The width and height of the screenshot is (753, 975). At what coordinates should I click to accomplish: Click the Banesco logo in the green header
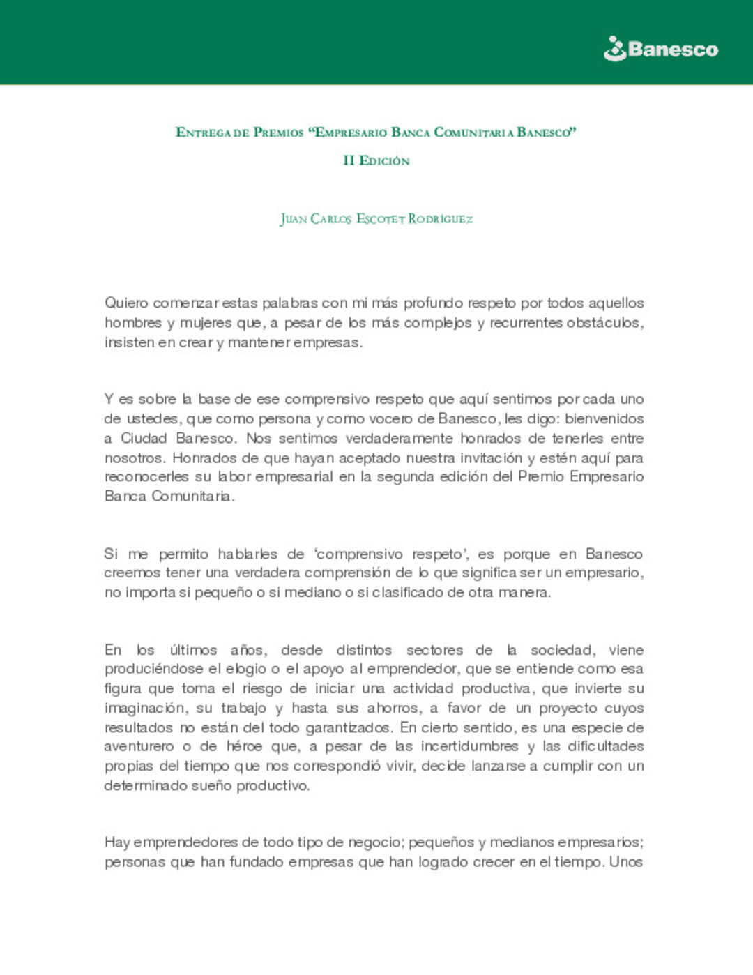tap(660, 49)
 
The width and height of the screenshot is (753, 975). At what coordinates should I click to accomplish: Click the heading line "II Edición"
tap(376, 160)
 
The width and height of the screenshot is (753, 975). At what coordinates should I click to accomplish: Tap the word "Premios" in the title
tap(278, 133)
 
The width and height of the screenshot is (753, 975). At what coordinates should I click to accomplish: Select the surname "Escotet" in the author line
tap(380, 219)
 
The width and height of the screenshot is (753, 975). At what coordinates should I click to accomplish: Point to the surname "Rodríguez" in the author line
tap(440, 219)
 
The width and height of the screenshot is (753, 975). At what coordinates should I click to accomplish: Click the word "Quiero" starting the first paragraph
tap(126, 303)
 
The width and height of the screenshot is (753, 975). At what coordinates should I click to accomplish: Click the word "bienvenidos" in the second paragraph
tap(604, 419)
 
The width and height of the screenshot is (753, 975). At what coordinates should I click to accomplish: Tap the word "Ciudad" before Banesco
tap(144, 439)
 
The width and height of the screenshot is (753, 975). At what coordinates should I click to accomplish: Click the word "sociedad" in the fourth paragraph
tap(562, 651)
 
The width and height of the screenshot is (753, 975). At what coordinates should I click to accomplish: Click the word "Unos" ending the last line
tap(625, 862)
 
